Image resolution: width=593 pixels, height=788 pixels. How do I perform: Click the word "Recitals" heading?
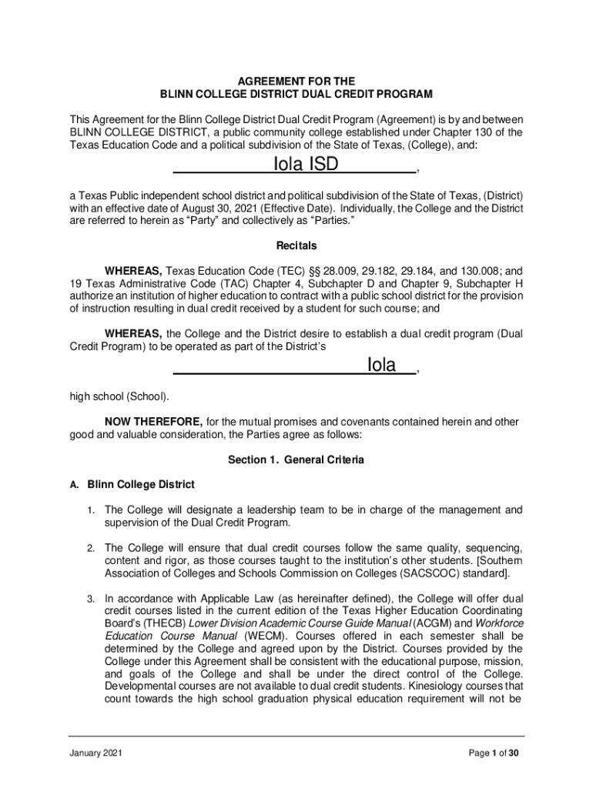(x=296, y=246)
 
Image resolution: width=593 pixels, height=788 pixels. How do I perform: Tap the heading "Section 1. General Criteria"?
(x=296, y=459)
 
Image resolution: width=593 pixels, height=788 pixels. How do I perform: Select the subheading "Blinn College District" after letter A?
(x=141, y=485)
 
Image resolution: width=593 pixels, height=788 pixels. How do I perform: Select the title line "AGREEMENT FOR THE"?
(x=296, y=81)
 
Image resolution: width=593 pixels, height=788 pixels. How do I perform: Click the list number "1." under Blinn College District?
(x=90, y=510)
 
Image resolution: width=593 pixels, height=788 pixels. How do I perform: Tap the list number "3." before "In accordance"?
(x=90, y=599)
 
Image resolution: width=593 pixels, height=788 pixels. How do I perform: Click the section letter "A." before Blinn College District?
(x=74, y=486)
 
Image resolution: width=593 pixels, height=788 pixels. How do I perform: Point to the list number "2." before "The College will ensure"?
(x=90, y=549)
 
